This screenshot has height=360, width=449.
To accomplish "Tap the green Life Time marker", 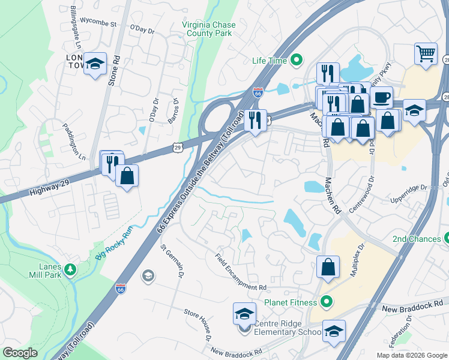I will tap(295, 60).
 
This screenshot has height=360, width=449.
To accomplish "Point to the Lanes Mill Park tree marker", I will tap(71, 269).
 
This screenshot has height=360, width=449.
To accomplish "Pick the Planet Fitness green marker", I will tap(326, 302).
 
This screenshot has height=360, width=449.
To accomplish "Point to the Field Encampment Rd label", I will tap(241, 271).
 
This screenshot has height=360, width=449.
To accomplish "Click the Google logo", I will tap(20, 353).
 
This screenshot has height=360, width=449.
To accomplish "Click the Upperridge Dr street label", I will tap(408, 193).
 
